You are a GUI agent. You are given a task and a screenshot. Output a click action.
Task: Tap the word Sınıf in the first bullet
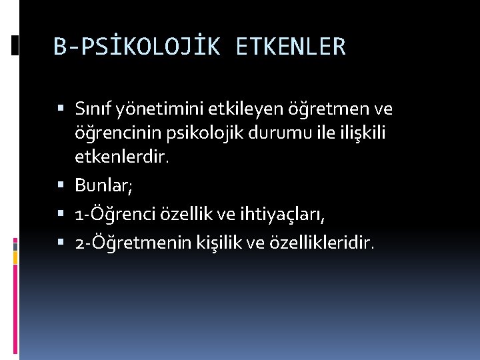click(94, 108)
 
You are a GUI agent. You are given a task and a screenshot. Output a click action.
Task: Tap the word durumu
click(263, 133)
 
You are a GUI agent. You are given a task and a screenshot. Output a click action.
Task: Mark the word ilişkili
click(357, 133)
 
